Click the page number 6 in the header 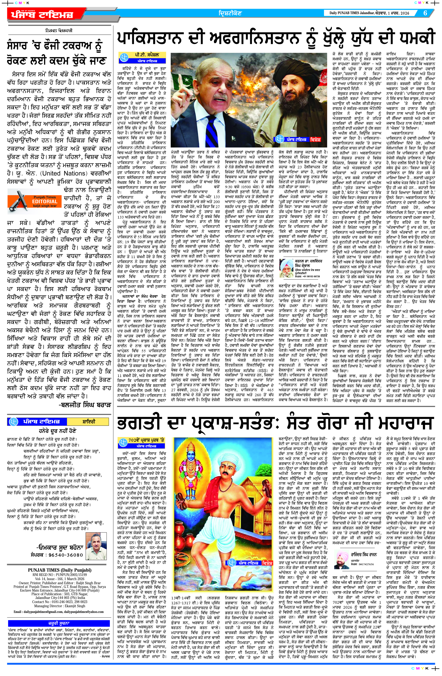(x=425, y=13)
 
